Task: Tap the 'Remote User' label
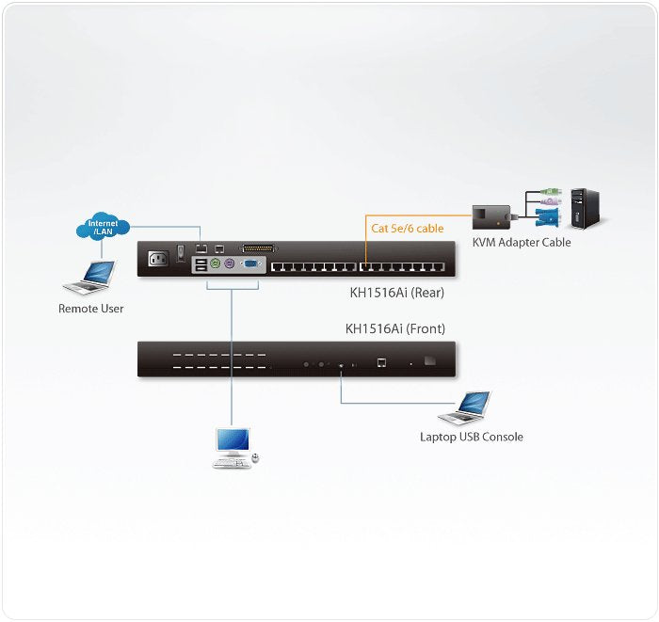pyautogui.click(x=90, y=309)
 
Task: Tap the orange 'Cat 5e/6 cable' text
pyautogui.click(x=408, y=228)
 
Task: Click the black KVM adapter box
pyautogui.click(x=490, y=216)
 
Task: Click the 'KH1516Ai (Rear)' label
pyautogui.click(x=396, y=293)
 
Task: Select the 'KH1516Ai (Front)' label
pyautogui.click(x=395, y=328)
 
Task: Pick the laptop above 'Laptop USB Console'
pyautogui.click(x=465, y=407)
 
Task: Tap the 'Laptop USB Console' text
pyautogui.click(x=471, y=437)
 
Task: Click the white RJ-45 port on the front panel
pyautogui.click(x=379, y=361)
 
